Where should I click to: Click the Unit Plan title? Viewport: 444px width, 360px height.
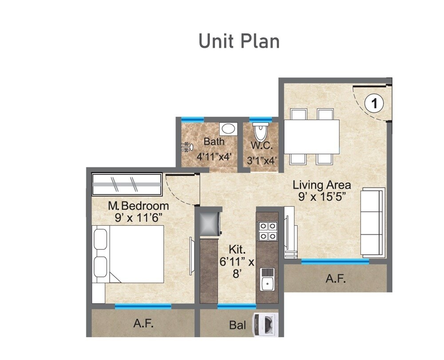coord(239,41)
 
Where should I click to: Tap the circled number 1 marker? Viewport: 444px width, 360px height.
coord(374,103)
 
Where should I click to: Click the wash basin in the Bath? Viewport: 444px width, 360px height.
coord(228,129)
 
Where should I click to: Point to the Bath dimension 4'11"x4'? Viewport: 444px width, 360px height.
coord(214,156)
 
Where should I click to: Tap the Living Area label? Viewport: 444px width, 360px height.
coord(322,185)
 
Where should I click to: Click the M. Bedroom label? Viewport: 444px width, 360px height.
coord(139,206)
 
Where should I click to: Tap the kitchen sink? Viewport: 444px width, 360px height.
coord(267,279)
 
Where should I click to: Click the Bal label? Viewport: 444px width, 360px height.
coord(238,325)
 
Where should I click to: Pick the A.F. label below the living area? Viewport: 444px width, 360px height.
coord(336,279)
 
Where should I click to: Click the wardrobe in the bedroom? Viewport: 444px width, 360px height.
coord(127,184)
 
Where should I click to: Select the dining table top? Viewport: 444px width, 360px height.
coord(312,136)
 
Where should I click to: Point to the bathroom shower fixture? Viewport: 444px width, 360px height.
coord(186,147)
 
